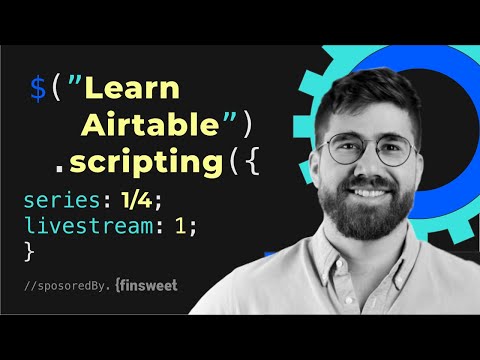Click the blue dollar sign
38,90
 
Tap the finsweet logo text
150,286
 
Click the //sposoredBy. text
69,287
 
